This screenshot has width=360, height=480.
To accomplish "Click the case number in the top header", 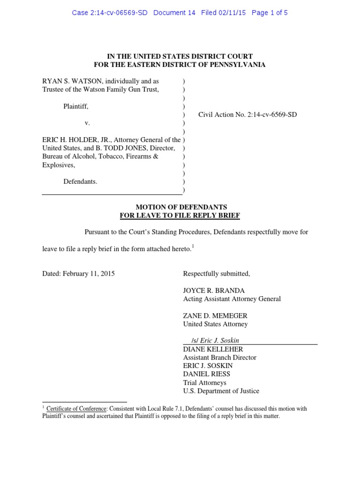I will pyautogui.click(x=110, y=13).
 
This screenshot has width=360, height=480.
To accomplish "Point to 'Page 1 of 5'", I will pyautogui.click(x=270, y=13).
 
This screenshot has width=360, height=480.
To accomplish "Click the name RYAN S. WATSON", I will pyautogui.click(x=71, y=81).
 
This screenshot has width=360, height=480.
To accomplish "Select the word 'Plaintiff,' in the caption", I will pyautogui.click(x=76, y=106).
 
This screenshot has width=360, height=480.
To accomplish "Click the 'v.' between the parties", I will pyautogui.click(x=87, y=123).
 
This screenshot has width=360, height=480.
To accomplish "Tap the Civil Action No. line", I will pyautogui.click(x=247, y=114).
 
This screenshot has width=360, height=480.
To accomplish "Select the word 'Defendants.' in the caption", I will pyautogui.click(x=81, y=181).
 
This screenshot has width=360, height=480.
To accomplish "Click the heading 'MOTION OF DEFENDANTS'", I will pyautogui.click(x=181, y=207).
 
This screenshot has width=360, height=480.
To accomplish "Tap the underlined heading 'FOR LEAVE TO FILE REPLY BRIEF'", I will pyautogui.click(x=180, y=215).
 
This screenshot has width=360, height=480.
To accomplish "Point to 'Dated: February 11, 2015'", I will pyautogui.click(x=78, y=273).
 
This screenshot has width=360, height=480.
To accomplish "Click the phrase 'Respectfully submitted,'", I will pyautogui.click(x=216, y=273).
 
